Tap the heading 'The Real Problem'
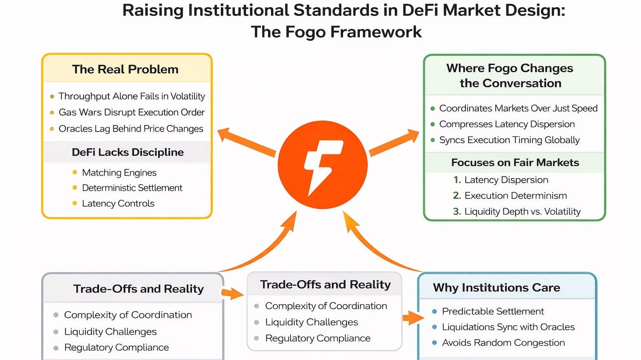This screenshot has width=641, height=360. pos(125,69)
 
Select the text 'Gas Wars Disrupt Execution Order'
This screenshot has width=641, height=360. pos(131,112)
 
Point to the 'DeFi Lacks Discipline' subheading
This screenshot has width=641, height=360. pos(128,152)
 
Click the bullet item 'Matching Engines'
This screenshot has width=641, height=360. pos(119,173)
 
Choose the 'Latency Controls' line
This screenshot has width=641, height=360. pos(118,204)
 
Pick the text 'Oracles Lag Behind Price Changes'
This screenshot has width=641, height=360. pos(131,128)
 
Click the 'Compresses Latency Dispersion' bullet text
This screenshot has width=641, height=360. pos(507,124)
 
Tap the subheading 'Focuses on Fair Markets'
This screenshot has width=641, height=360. pos(515,163)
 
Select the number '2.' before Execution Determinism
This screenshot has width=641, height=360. pos(457,196)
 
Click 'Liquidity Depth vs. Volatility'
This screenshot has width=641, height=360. pos(522,211)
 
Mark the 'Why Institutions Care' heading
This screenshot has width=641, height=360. pos(496,287)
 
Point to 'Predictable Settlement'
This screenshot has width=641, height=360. pos(493,311)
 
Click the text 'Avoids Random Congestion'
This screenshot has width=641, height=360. pos(503,343)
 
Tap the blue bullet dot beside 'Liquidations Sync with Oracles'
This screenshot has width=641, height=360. pos(434,327)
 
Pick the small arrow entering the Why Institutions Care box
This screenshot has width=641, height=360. pos(413,318)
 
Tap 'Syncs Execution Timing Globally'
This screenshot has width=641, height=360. pos(509,140)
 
